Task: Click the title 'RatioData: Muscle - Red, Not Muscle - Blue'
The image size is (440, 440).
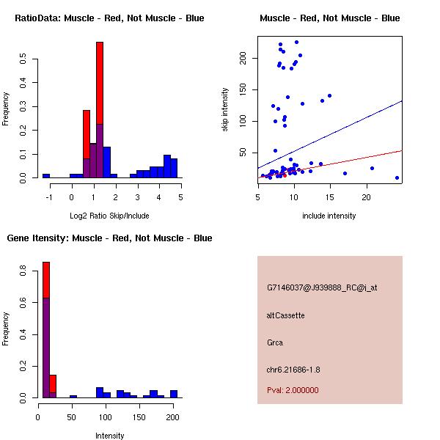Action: (x=109, y=18)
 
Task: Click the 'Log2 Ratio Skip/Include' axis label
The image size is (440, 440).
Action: (x=109, y=216)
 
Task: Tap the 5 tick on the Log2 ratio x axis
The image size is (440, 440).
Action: (x=180, y=197)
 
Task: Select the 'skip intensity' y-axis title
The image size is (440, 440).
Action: (x=225, y=110)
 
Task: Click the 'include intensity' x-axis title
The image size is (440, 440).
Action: (x=329, y=216)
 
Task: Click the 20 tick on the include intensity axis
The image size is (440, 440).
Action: (x=366, y=197)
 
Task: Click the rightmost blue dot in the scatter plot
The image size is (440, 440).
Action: (x=397, y=177)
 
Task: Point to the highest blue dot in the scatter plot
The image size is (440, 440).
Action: (x=296, y=42)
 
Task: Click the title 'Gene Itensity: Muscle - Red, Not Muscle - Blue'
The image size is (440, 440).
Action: (x=109, y=238)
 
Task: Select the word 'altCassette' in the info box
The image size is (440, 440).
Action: (x=285, y=315)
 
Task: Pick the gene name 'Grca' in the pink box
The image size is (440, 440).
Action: (x=275, y=342)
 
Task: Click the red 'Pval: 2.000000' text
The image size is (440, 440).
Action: (x=293, y=390)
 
